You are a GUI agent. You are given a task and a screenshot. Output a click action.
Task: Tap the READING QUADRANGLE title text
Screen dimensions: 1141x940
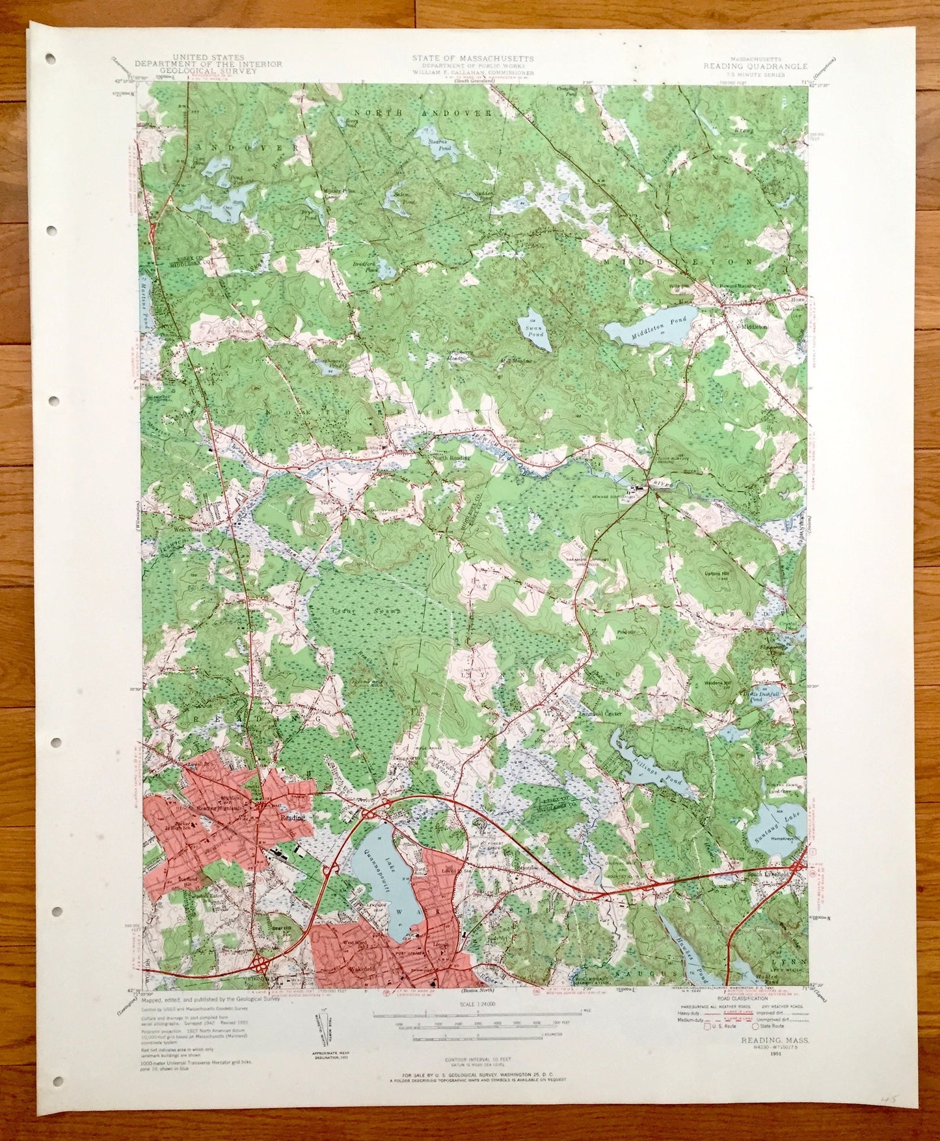click(759, 66)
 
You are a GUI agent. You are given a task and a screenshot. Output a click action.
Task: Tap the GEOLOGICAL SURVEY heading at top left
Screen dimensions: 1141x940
click(222, 71)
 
